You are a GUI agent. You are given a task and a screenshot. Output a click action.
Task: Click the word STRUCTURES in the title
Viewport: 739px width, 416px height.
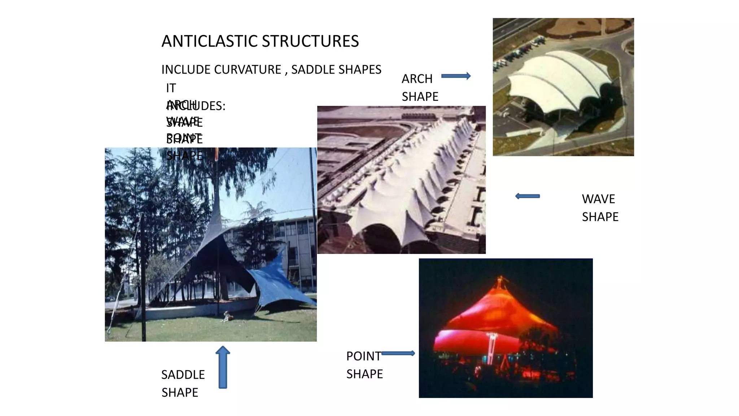[310, 41]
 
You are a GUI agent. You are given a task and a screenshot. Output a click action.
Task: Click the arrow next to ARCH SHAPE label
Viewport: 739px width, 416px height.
[456, 76]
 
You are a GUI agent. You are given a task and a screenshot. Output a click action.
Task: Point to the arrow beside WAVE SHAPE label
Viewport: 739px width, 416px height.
[527, 196]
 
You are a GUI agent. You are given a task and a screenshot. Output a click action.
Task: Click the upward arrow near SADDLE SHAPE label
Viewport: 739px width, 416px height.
[223, 367]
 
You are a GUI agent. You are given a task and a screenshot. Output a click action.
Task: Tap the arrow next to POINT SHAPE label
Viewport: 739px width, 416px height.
[398, 353]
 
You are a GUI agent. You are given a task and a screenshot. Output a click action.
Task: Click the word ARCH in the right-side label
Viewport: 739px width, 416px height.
[417, 79]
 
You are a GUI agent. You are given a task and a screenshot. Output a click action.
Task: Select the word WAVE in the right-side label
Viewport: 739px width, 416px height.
[598, 199]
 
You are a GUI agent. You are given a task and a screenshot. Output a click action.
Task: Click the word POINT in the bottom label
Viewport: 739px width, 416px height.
[363, 356]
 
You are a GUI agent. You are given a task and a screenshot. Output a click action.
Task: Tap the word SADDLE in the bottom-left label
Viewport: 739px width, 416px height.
[183, 375]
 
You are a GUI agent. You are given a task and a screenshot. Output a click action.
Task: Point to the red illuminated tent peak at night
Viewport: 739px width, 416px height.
[500, 285]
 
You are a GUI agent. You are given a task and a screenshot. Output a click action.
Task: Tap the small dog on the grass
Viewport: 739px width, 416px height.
[226, 317]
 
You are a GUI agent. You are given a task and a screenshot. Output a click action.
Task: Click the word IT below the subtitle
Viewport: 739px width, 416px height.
[171, 88]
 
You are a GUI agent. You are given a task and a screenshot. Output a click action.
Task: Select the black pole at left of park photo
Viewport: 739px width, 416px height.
[143, 278]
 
